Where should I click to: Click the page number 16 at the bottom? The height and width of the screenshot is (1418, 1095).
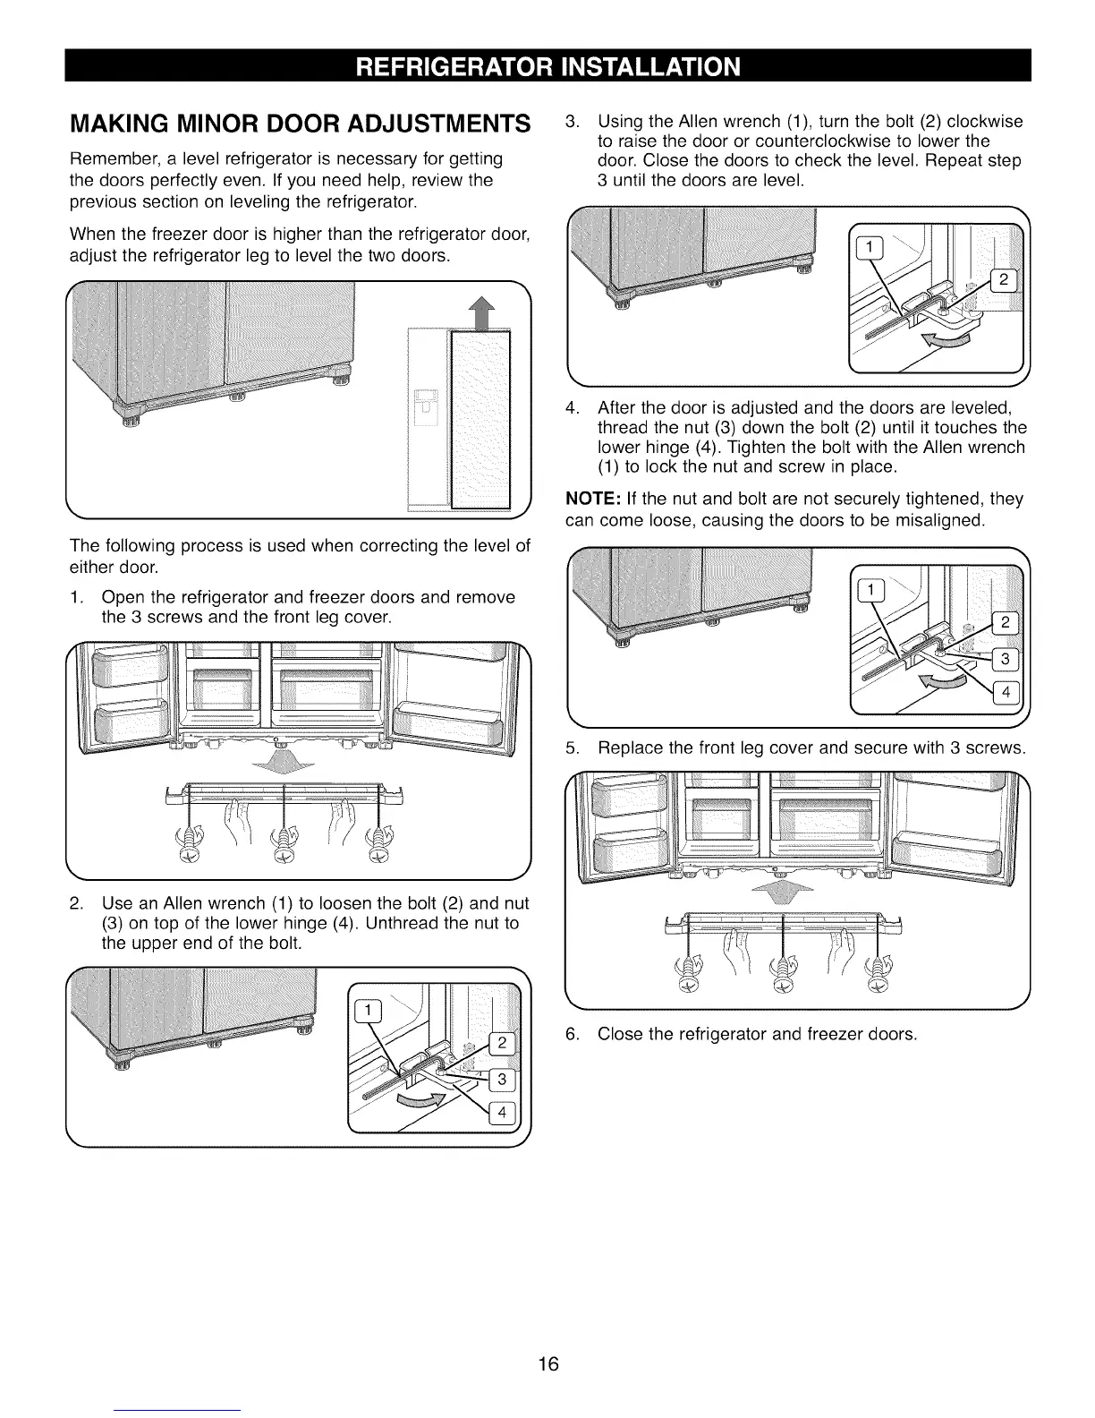click(547, 1363)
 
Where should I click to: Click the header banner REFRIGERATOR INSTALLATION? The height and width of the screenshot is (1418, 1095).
click(547, 67)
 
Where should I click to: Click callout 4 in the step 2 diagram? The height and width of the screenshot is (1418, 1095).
click(502, 1113)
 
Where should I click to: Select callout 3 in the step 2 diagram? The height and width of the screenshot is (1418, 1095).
click(502, 1080)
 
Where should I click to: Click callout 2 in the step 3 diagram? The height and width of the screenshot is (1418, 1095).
click(1003, 281)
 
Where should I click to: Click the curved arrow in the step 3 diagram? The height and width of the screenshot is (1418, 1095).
click(946, 338)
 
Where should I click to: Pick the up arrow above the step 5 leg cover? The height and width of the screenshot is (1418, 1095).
click(782, 894)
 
